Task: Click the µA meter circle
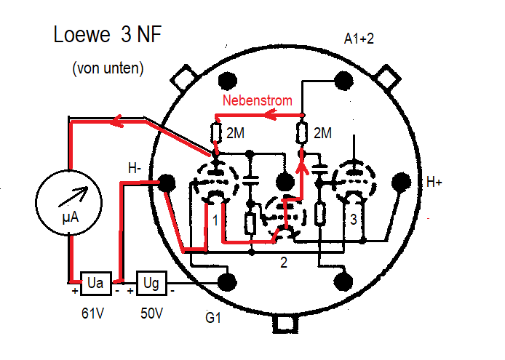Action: (68, 201)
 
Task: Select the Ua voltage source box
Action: (94, 282)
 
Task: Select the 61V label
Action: (94, 314)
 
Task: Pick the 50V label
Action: (151, 314)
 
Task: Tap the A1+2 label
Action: (359, 39)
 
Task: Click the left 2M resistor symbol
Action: (215, 134)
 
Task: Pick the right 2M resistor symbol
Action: (302, 134)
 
